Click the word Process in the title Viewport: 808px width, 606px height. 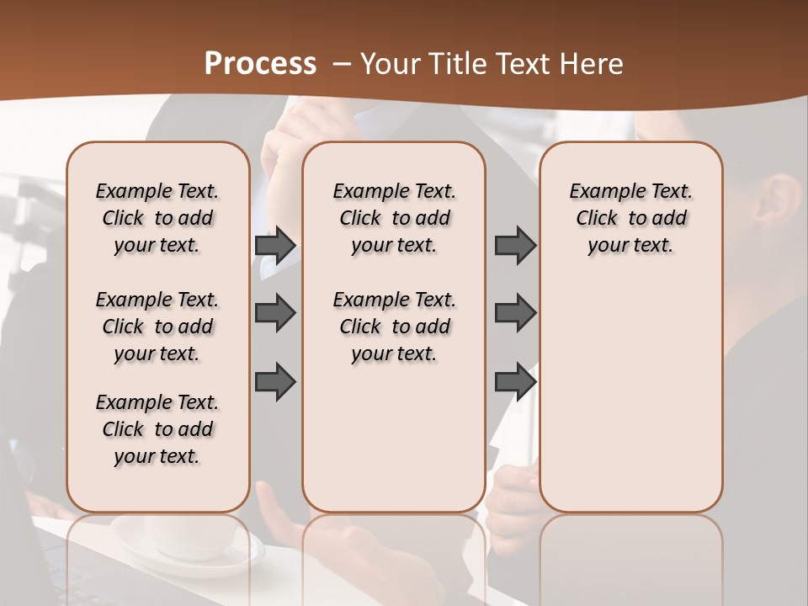click(x=260, y=64)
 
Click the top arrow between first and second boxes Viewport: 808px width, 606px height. click(x=275, y=245)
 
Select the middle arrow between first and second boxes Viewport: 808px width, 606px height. click(x=275, y=313)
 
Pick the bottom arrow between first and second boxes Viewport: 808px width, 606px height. click(x=275, y=381)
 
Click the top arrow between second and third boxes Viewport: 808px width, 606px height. click(x=515, y=245)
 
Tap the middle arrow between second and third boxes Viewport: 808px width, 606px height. click(x=515, y=313)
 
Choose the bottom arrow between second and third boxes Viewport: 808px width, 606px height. click(x=515, y=381)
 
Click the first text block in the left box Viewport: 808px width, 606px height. click(x=157, y=218)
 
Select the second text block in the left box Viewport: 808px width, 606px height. click(x=157, y=327)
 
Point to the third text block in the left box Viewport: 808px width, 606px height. click(x=157, y=429)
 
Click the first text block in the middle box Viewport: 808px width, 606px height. click(x=395, y=218)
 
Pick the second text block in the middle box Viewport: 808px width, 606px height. click(x=395, y=327)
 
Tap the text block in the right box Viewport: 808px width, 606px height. click(x=631, y=218)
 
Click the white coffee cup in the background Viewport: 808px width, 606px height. click(x=189, y=539)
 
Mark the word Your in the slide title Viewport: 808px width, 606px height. click(x=383, y=64)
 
